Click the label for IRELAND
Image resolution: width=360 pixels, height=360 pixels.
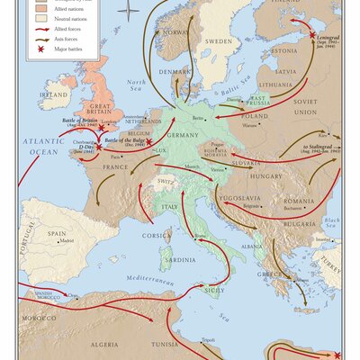(x=53, y=94)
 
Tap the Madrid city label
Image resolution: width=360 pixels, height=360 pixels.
(x=66, y=241)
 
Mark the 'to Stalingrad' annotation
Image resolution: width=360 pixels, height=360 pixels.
(x=321, y=148)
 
